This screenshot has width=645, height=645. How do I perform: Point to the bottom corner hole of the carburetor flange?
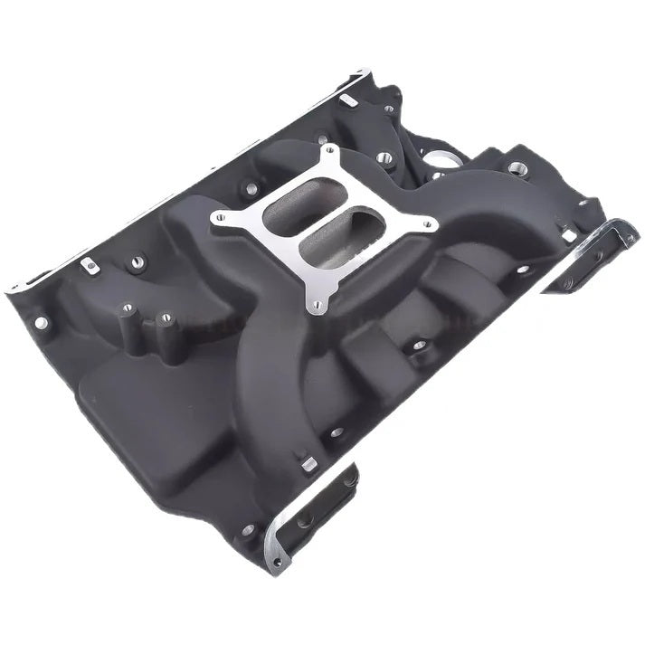coord(314,306)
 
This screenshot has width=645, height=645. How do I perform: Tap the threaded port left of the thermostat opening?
coord(385,158)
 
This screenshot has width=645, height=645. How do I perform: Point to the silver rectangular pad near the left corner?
coord(87,265)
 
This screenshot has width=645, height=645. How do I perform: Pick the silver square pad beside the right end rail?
coord(569,236)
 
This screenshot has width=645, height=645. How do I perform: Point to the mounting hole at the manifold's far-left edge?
coord(41,320)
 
